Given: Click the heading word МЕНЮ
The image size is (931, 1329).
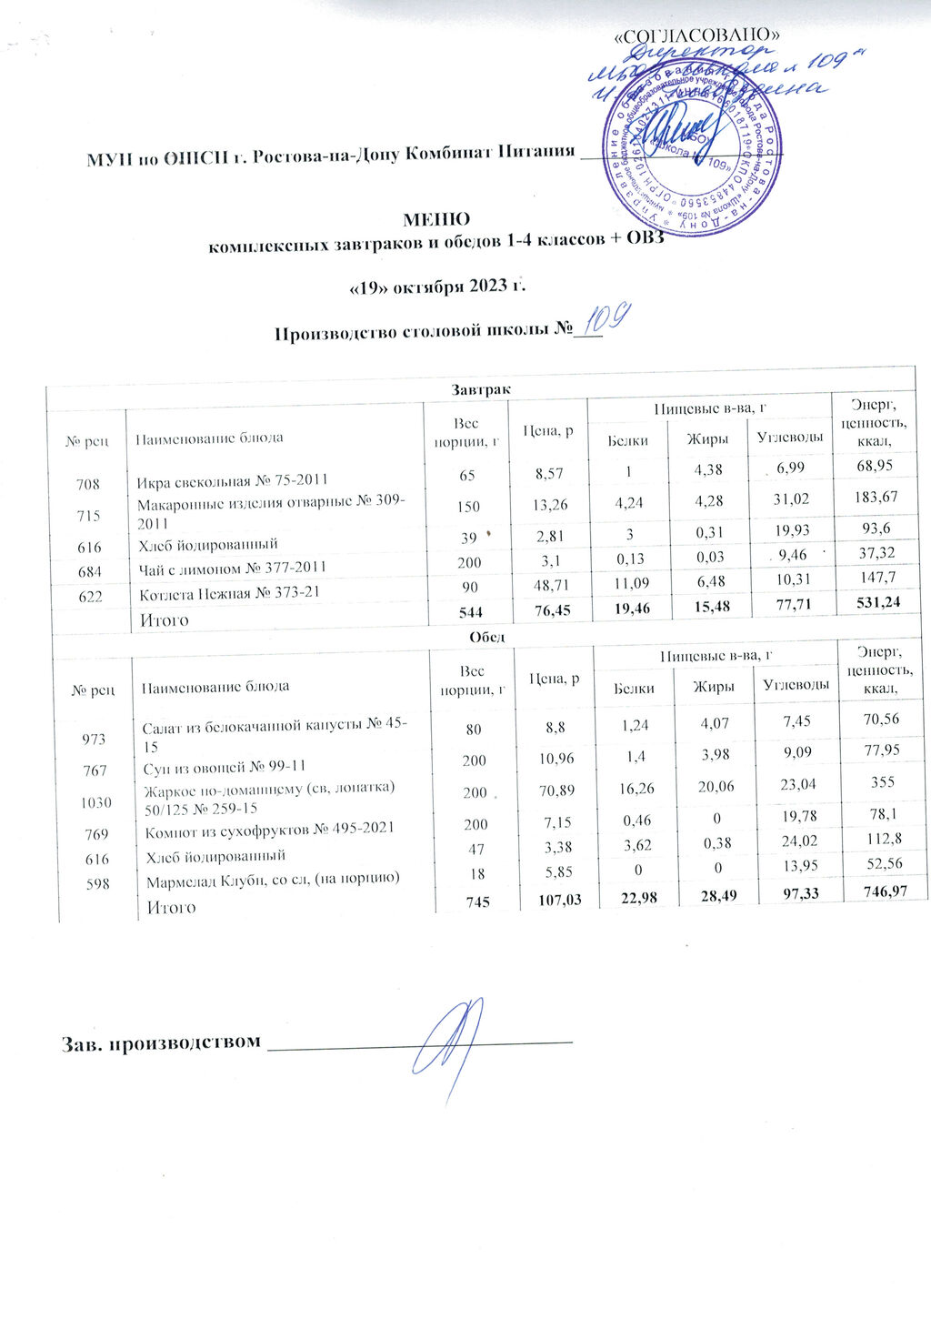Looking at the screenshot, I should click(x=436, y=219).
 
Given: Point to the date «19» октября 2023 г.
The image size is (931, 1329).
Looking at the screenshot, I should click(x=439, y=287).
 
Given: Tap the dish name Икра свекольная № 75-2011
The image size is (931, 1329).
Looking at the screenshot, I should click(x=233, y=479).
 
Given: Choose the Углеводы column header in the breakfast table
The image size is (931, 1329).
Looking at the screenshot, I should click(x=788, y=438).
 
